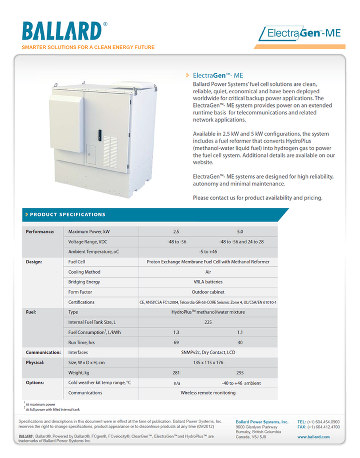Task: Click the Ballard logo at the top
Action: (62, 30)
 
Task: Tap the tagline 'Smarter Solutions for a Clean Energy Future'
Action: (88, 47)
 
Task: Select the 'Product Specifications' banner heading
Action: (68, 215)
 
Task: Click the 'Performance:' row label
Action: (40, 232)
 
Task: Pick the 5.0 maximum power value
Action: (240, 232)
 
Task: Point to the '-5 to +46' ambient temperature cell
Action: (208, 252)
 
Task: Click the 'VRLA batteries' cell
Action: (208, 282)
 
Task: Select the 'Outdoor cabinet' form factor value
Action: (208, 292)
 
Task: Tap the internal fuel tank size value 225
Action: (208, 322)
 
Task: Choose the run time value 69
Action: (176, 342)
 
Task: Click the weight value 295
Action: (240, 373)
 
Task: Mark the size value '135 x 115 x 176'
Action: (208, 363)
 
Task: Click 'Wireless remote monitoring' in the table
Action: (208, 393)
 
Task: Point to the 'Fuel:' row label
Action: (31, 312)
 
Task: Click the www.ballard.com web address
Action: (314, 437)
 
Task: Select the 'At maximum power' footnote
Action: (40, 405)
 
